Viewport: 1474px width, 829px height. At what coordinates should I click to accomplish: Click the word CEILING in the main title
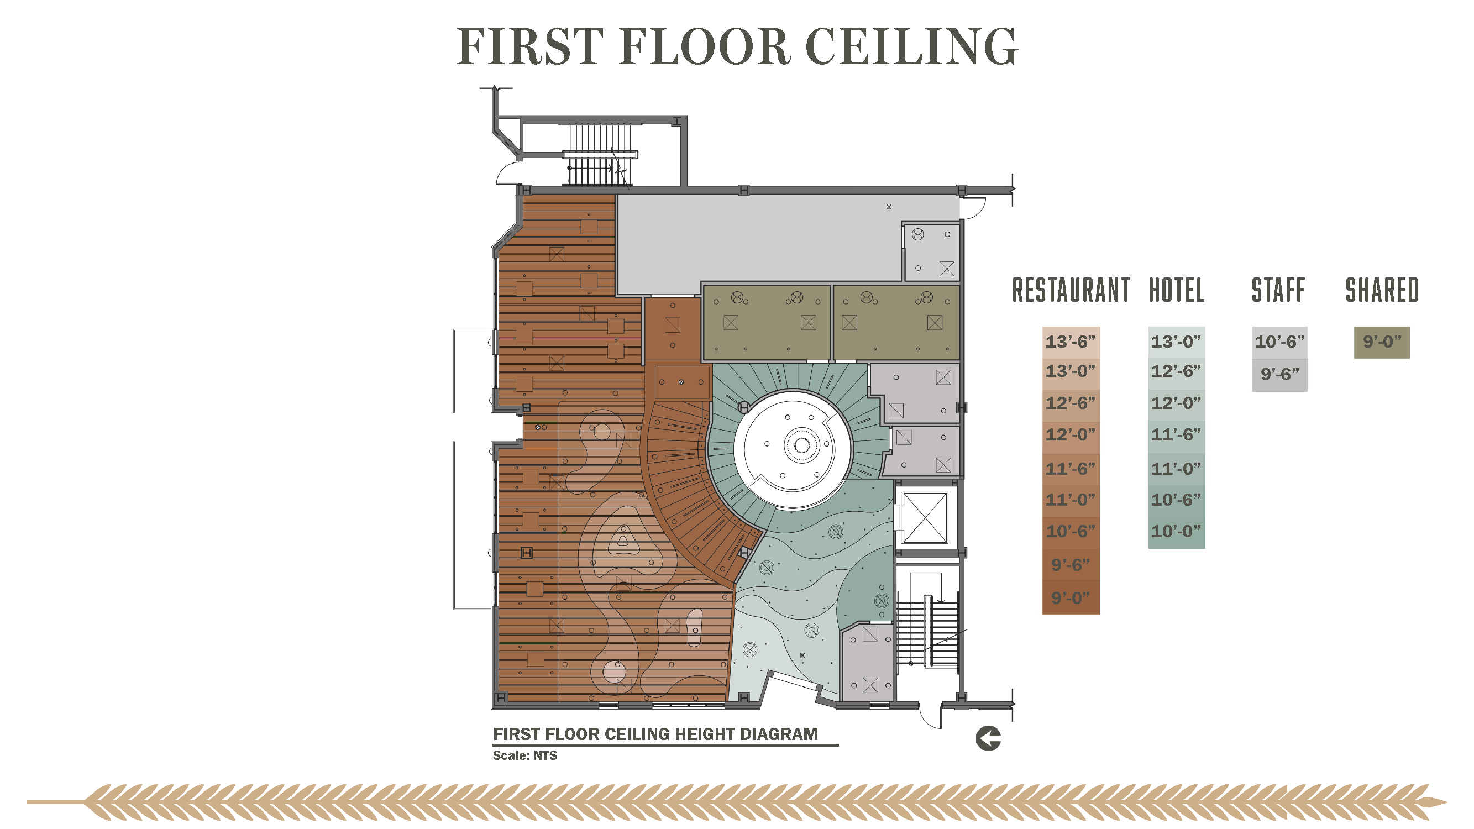pos(911,46)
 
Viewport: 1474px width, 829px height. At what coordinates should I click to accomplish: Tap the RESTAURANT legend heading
pos(1071,290)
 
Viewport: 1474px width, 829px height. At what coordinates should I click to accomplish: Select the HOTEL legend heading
pos(1177,290)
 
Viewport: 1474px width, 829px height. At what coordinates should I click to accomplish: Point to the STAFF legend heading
pos(1278,290)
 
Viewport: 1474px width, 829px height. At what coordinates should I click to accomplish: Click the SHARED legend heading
pos(1382,290)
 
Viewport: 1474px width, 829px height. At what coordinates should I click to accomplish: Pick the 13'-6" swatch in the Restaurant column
pos(1071,342)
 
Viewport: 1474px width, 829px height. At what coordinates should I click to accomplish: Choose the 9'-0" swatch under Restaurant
pos(1071,598)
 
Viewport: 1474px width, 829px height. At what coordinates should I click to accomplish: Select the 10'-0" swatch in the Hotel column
pos(1177,532)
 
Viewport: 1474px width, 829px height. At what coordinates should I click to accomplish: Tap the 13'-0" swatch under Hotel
pos(1177,342)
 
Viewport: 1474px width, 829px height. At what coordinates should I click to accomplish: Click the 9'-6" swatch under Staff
pos(1279,375)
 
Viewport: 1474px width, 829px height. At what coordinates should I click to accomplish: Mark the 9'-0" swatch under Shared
pos(1382,342)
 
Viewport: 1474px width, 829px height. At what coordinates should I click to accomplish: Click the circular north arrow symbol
pos(988,738)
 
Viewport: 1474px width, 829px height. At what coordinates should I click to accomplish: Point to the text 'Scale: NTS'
pos(524,755)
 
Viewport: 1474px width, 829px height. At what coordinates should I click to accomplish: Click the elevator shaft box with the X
pos(925,518)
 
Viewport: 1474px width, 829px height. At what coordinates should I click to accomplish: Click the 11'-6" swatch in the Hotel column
pos(1177,435)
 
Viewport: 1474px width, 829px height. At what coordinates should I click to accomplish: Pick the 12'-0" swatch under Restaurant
pos(1071,435)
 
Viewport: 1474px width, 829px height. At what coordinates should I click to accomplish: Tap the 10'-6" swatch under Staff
pos(1279,342)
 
